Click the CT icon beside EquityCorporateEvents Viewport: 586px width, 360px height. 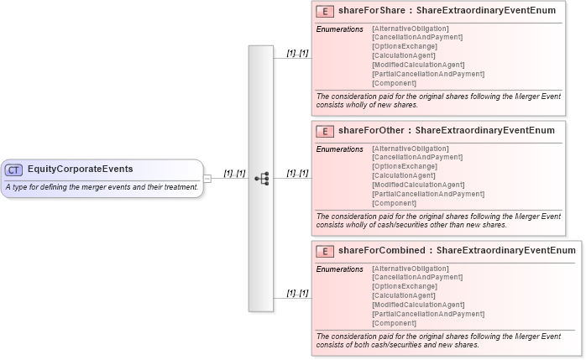pos(14,170)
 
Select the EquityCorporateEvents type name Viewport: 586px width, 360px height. pos(80,170)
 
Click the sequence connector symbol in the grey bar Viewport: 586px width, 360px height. pos(261,178)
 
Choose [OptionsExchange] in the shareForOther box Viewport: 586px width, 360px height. pos(404,166)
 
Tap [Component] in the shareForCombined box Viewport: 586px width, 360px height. pos(394,323)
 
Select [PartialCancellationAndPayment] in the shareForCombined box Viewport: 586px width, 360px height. pos(427,314)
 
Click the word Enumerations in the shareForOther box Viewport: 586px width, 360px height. pos(339,149)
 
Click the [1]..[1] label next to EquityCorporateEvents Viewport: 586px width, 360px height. pos(234,174)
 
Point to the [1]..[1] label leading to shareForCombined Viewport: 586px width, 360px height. pos(297,293)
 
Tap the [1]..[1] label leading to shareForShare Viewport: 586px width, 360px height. pos(297,54)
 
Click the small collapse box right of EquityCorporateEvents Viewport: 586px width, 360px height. pos(207,178)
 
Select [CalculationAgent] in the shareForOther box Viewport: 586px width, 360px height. pos(404,175)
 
